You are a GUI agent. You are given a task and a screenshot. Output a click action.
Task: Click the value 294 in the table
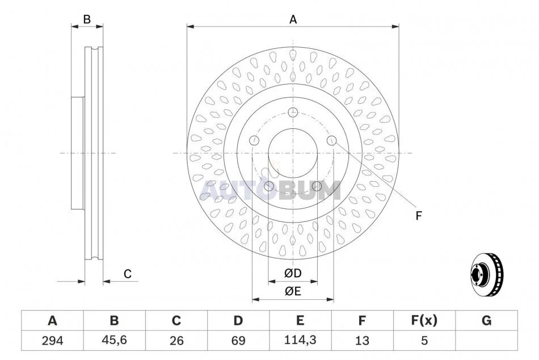(x=52, y=341)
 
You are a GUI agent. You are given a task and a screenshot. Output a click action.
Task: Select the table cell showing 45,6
(x=114, y=340)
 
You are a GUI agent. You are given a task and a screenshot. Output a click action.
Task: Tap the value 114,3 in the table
(x=300, y=340)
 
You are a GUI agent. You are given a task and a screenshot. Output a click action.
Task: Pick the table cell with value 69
(x=238, y=340)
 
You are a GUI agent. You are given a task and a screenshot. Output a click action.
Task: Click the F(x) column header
(x=424, y=320)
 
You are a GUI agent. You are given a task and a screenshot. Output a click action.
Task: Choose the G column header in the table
(x=486, y=320)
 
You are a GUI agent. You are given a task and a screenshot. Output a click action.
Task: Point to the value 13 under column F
(x=362, y=341)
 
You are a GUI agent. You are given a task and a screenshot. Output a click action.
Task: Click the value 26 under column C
(x=176, y=341)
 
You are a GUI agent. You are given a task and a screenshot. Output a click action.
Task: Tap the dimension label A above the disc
(x=293, y=20)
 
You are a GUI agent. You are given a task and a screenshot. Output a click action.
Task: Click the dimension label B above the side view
(x=87, y=19)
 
